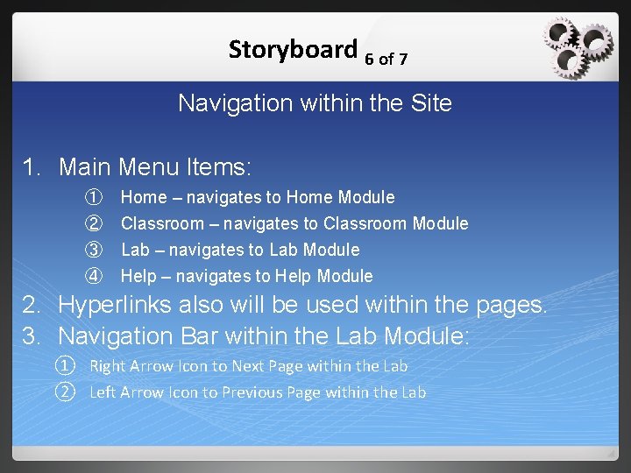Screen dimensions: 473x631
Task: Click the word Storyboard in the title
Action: pos(292,49)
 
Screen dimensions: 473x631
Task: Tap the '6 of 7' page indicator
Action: pos(386,60)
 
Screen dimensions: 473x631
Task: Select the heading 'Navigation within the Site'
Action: pos(315,103)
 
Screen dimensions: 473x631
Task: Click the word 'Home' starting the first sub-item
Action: pos(144,198)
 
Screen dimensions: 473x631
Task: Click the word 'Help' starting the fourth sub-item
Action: pos(138,277)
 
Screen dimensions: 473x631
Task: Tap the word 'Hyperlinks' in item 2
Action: pos(117,306)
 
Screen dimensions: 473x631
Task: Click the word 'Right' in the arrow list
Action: pos(108,366)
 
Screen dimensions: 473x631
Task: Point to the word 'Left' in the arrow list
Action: pos(104,392)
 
